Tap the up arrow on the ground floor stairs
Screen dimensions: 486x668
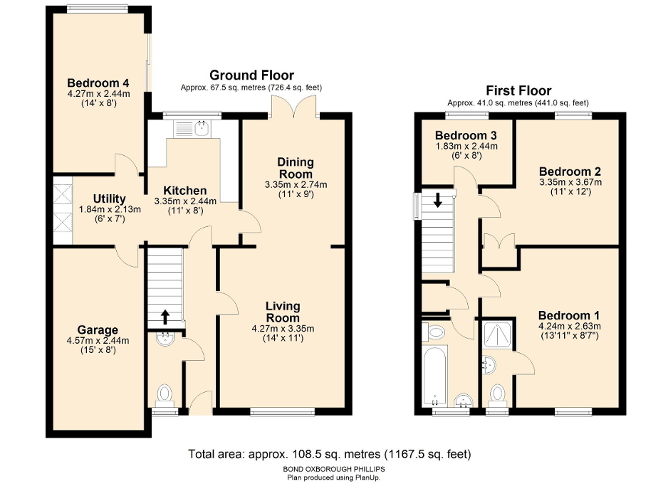pos(165,317)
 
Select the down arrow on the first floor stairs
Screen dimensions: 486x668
pos(437,201)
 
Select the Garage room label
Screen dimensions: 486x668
pos(98,330)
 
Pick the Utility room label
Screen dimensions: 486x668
pos(109,199)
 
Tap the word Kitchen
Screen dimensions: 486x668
pos(185,191)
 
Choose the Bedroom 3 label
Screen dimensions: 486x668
pos(466,136)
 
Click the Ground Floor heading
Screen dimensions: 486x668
pos(251,75)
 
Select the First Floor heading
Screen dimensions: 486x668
pos(518,90)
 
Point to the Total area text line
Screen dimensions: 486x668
pos(329,453)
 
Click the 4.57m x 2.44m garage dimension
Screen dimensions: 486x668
pos(98,341)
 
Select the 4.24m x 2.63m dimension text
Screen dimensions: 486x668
pos(569,327)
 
